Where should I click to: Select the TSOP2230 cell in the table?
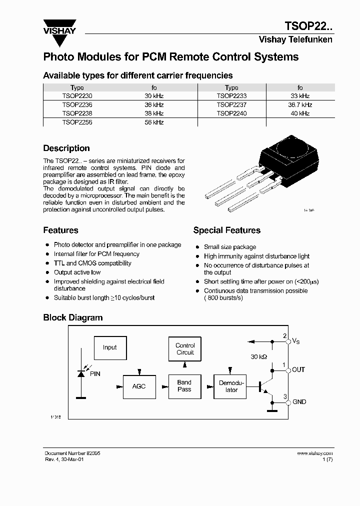tap(77, 96)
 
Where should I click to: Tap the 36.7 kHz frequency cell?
tap(300, 105)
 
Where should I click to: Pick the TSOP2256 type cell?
tap(77, 122)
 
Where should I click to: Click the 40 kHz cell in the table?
tap(300, 113)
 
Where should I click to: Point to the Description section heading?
tap(66, 148)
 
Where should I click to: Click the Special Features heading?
tap(226, 230)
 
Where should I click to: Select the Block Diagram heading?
tap(72, 318)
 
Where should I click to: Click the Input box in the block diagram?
tap(109, 347)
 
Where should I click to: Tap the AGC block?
tap(138, 386)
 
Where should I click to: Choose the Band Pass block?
tap(184, 386)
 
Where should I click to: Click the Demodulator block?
tap(229, 386)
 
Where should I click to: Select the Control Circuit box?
tap(185, 349)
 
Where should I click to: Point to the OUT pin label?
tap(298, 370)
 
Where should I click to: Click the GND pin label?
tap(299, 402)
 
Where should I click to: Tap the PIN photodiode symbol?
tap(80, 373)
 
